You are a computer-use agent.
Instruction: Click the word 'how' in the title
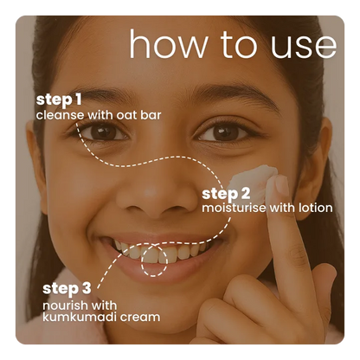(x=168, y=44)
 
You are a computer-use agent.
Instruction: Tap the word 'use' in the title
(x=304, y=47)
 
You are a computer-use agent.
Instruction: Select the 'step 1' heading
(x=59, y=100)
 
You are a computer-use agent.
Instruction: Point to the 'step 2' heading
(x=226, y=194)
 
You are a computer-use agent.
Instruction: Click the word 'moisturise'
(x=234, y=208)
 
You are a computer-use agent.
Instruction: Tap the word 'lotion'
(x=316, y=208)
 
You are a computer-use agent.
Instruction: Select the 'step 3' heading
(x=67, y=289)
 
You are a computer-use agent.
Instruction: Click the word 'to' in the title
(x=239, y=45)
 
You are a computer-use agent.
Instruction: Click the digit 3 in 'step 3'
(x=86, y=288)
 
